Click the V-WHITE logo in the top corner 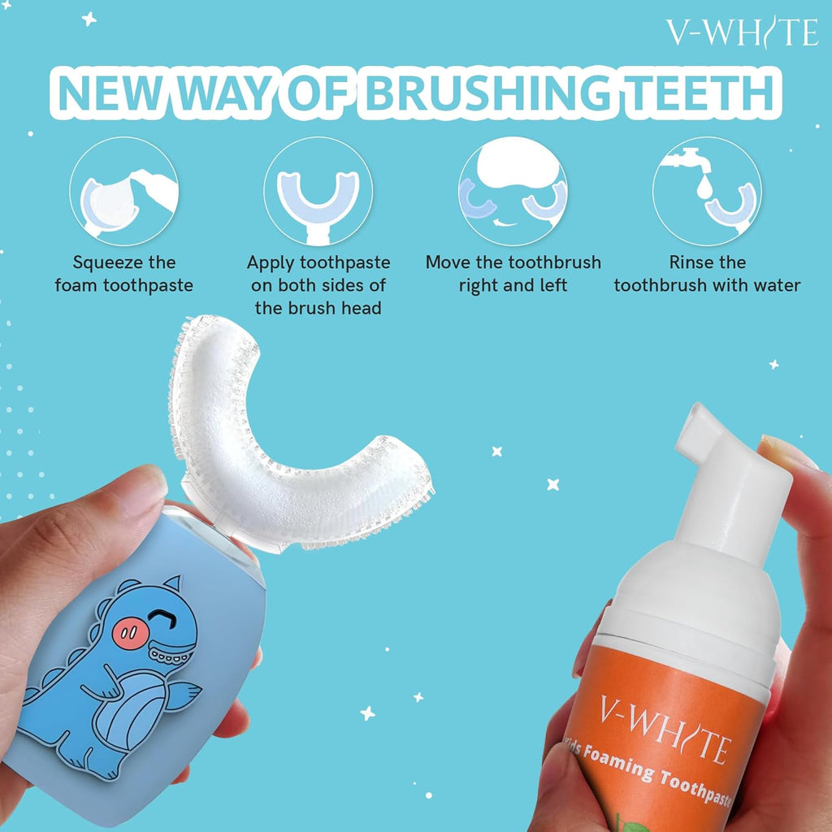click(741, 32)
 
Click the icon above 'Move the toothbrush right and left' click(513, 192)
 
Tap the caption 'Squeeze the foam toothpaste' click(124, 274)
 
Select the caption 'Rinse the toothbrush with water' click(707, 274)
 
